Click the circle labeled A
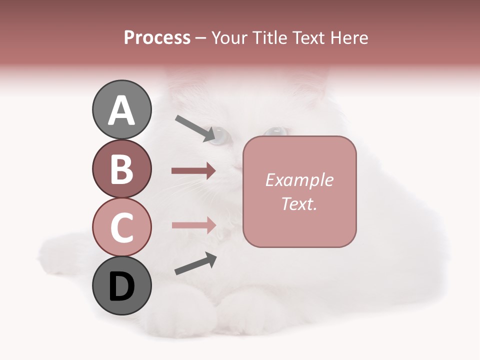click(121, 109)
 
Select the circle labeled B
click(121, 168)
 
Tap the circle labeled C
click(121, 227)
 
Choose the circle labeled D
click(121, 285)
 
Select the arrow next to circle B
click(193, 171)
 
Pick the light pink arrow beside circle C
click(193, 225)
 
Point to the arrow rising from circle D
click(195, 263)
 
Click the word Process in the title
click(157, 37)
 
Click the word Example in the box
click(299, 180)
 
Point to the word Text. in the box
click(299, 203)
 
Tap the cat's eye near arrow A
click(220, 135)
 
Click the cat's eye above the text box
click(275, 131)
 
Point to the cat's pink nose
click(237, 166)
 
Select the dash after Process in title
click(201, 38)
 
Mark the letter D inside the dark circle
click(121, 286)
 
